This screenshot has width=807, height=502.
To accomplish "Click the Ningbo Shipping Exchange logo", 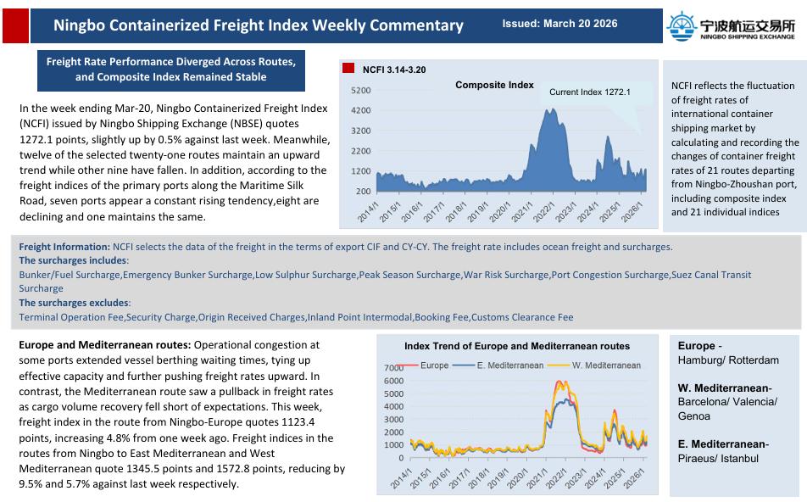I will click(732, 25).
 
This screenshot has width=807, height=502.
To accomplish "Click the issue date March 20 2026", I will click(559, 24).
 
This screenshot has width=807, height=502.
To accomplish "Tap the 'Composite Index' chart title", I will click(494, 85).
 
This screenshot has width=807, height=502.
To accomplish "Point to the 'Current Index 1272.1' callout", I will click(589, 92).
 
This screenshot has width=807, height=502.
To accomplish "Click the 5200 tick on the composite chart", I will click(360, 90).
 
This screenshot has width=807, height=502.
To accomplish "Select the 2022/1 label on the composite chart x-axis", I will click(539, 211).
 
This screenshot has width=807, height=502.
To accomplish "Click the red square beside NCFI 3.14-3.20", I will click(348, 67).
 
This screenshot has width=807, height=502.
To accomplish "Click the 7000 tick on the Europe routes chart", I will click(393, 368).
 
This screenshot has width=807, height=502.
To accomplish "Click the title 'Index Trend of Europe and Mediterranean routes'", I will click(517, 346).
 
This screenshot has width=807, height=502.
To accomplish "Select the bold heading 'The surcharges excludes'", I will click(74, 303).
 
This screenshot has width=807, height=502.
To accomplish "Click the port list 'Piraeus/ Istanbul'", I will click(716, 458).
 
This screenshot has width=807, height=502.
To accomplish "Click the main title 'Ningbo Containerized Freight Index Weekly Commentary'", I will click(259, 25).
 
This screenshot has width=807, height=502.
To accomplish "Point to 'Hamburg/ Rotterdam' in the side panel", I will click(728, 360).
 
